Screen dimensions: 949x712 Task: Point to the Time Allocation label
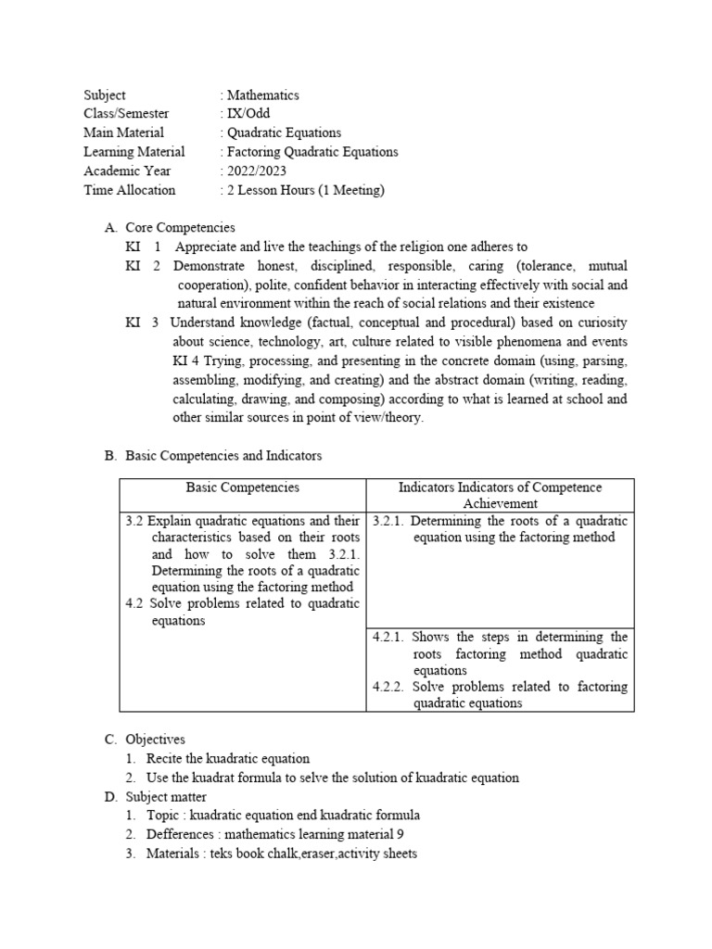click(x=129, y=190)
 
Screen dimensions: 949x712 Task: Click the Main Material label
click(x=123, y=133)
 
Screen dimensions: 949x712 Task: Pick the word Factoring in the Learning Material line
click(x=255, y=152)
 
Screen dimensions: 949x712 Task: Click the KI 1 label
click(x=144, y=247)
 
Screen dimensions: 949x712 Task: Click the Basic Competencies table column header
click(x=243, y=487)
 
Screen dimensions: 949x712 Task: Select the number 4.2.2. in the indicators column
click(x=390, y=687)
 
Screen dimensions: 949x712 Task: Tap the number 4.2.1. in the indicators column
click(x=390, y=637)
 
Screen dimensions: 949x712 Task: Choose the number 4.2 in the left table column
click(x=134, y=603)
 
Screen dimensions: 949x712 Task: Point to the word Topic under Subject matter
click(x=162, y=816)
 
